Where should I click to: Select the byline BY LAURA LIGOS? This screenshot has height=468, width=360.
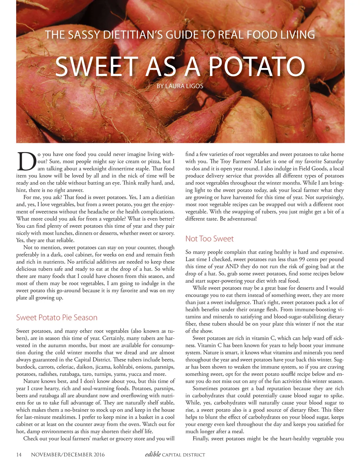tap(180, 86)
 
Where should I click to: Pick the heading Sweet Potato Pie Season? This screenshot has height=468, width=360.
tap(57, 317)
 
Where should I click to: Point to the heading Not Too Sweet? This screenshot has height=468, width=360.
tap(209, 239)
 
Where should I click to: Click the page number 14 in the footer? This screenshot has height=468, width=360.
tap(19, 455)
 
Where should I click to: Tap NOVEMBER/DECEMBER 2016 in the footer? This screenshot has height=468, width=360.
tap(68, 455)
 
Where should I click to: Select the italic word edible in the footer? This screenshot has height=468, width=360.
tap(153, 454)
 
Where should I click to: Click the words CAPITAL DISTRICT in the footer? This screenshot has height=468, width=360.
tap(184, 455)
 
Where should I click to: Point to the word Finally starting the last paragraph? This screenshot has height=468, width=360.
tap(202, 439)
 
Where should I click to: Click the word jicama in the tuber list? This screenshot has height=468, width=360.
tap(103, 367)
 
